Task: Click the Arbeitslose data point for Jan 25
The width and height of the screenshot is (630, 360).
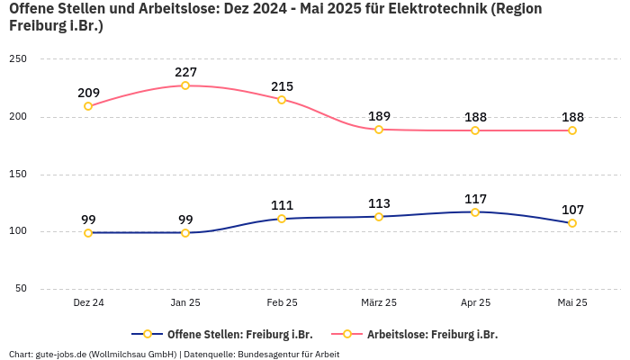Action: [185, 85]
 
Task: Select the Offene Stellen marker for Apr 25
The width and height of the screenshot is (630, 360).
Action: [475, 212]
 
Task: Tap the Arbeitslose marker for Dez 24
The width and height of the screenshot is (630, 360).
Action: [88, 106]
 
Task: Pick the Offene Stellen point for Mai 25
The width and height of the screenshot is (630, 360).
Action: [572, 223]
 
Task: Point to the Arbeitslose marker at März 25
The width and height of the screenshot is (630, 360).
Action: [379, 130]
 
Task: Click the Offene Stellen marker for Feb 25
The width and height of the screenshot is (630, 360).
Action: [282, 219]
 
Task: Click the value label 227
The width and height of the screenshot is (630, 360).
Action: [186, 72]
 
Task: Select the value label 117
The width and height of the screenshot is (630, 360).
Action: [475, 199]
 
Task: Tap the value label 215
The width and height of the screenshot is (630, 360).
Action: [283, 86]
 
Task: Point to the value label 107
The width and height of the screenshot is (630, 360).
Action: [572, 210]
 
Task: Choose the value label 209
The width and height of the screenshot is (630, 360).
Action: [89, 93]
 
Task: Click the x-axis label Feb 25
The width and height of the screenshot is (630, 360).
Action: [282, 303]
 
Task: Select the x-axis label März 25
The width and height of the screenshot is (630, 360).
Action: [379, 303]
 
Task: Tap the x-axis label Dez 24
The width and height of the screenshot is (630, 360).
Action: [88, 303]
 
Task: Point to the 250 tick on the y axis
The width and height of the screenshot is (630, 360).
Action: [18, 58]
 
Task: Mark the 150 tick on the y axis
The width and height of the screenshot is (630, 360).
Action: [18, 174]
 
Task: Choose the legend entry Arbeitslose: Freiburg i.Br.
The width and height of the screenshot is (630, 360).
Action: [431, 334]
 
